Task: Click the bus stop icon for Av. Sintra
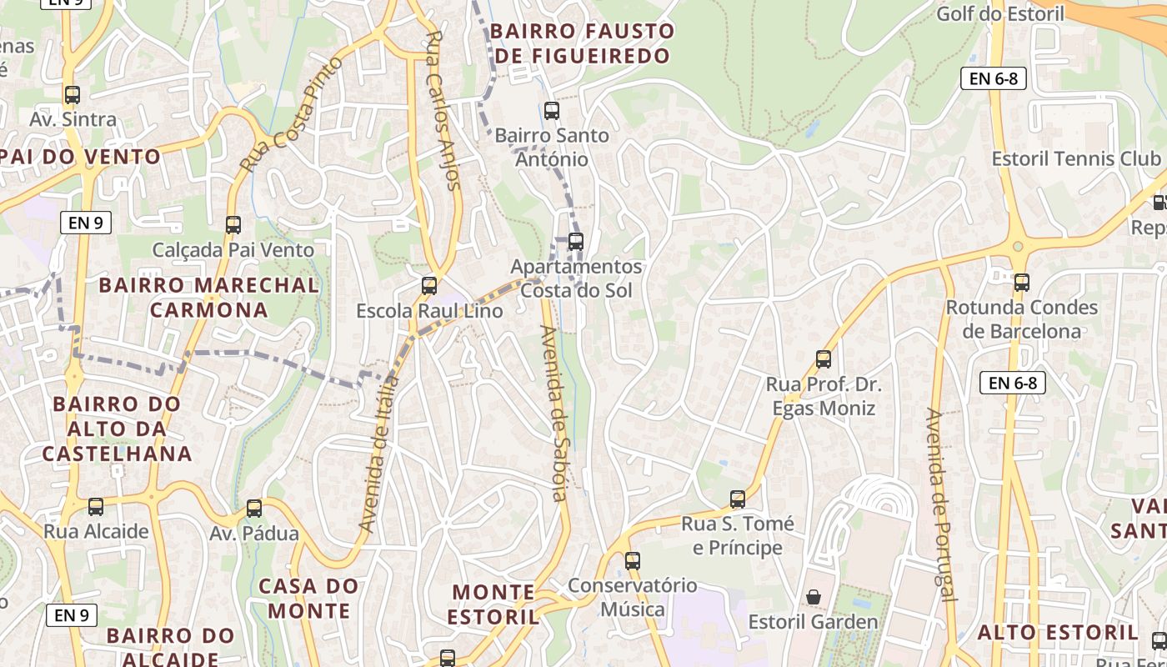tap(73, 95)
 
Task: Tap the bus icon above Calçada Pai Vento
tap(233, 224)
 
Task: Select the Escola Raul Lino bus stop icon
tap(429, 286)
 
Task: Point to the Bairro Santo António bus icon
tap(551, 110)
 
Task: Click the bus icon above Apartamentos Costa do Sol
tap(575, 242)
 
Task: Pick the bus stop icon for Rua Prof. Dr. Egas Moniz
tap(824, 359)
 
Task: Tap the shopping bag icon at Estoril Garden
tap(813, 597)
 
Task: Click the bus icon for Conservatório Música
tap(633, 560)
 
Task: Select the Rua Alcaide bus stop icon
tap(96, 506)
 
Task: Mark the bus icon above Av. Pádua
tap(254, 508)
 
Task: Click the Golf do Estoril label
tap(1000, 13)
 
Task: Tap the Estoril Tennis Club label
tap(1075, 158)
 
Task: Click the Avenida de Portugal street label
tap(939, 504)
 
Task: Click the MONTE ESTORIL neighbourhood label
tap(494, 604)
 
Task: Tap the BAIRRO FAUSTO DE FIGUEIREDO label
tap(581, 43)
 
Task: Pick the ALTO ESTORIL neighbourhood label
tap(1057, 632)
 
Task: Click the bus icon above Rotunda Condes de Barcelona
tap(1022, 283)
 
